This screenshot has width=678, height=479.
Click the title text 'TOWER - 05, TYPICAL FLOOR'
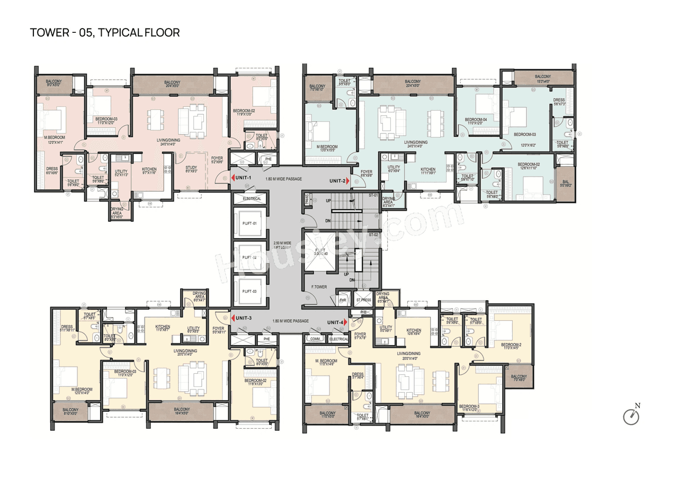(x=105, y=33)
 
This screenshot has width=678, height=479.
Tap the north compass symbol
(x=631, y=417)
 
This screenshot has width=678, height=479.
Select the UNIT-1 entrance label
(x=247, y=177)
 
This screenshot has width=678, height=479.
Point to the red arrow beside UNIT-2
(x=348, y=180)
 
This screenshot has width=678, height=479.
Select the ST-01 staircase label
(x=373, y=196)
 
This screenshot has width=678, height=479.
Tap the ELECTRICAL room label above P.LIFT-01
(x=252, y=198)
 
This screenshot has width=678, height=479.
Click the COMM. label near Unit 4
(x=315, y=339)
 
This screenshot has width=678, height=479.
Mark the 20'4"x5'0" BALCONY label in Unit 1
(x=172, y=84)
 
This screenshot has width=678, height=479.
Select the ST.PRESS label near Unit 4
(x=363, y=300)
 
